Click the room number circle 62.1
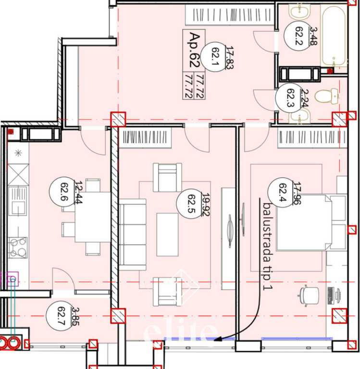pos(215,58)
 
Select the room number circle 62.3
pos(289,98)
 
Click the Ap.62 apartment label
pos(194,50)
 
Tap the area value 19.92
pos(206,204)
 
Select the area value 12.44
pos(78,192)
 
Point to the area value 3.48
pos(313,36)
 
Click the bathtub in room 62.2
pos(334,36)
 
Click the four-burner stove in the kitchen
pos(18,247)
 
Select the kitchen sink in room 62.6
pos(18,201)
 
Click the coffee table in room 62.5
pos(167,234)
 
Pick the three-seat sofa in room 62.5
pos(132,234)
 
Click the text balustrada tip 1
pos(267,246)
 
